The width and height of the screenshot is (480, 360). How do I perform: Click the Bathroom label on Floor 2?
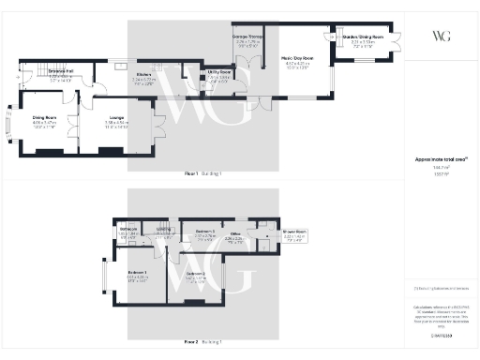point(129,229)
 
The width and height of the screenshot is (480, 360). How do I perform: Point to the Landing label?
point(163,229)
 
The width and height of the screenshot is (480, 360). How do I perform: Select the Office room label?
point(236,235)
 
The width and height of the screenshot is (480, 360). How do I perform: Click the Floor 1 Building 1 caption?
point(202,174)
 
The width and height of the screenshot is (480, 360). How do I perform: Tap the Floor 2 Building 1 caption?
point(202,343)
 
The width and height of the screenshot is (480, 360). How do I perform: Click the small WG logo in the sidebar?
point(441,36)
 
